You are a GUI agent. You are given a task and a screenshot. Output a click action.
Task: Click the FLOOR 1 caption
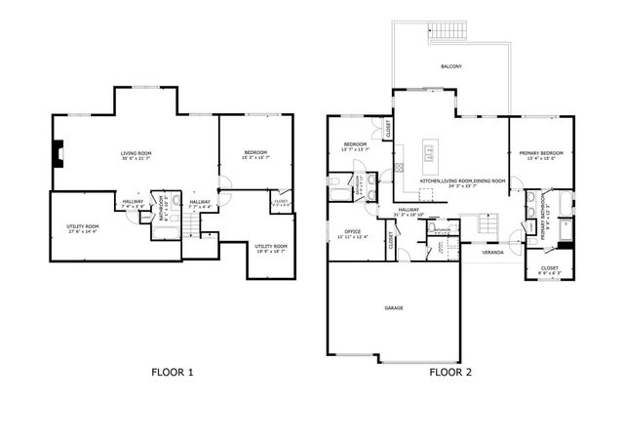[173, 372]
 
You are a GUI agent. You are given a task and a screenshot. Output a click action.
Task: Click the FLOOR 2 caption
[450, 372]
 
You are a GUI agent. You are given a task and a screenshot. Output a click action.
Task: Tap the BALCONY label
[450, 66]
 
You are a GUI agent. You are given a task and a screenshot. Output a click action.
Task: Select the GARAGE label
[394, 307]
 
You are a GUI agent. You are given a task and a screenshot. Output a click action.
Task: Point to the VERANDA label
[495, 252]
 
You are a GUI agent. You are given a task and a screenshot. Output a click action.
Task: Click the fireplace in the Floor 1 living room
[59, 152]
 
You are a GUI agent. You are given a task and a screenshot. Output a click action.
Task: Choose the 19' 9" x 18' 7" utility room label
[271, 248]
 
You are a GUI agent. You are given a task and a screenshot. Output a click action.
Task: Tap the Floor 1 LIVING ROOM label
[136, 154]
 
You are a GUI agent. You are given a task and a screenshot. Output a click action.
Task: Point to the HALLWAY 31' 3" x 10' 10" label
[407, 212]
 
